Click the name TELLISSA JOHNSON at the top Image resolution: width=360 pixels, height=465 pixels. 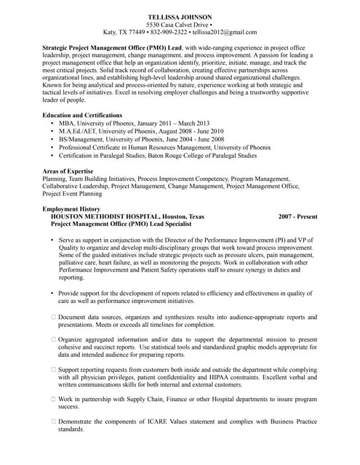[x=180, y=16]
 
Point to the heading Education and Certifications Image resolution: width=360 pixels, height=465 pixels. [x=81, y=115]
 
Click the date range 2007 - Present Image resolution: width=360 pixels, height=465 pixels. [x=297, y=217]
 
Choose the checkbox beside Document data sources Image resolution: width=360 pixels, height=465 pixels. [x=53, y=317]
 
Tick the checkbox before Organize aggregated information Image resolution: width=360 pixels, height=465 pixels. [x=53, y=339]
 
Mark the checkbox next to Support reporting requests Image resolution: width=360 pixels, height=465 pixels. [x=53, y=370]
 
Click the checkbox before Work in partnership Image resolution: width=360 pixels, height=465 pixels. [x=53, y=400]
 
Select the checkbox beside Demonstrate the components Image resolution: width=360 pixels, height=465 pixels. [x=53, y=422]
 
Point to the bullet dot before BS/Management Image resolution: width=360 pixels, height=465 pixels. [x=52, y=139]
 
